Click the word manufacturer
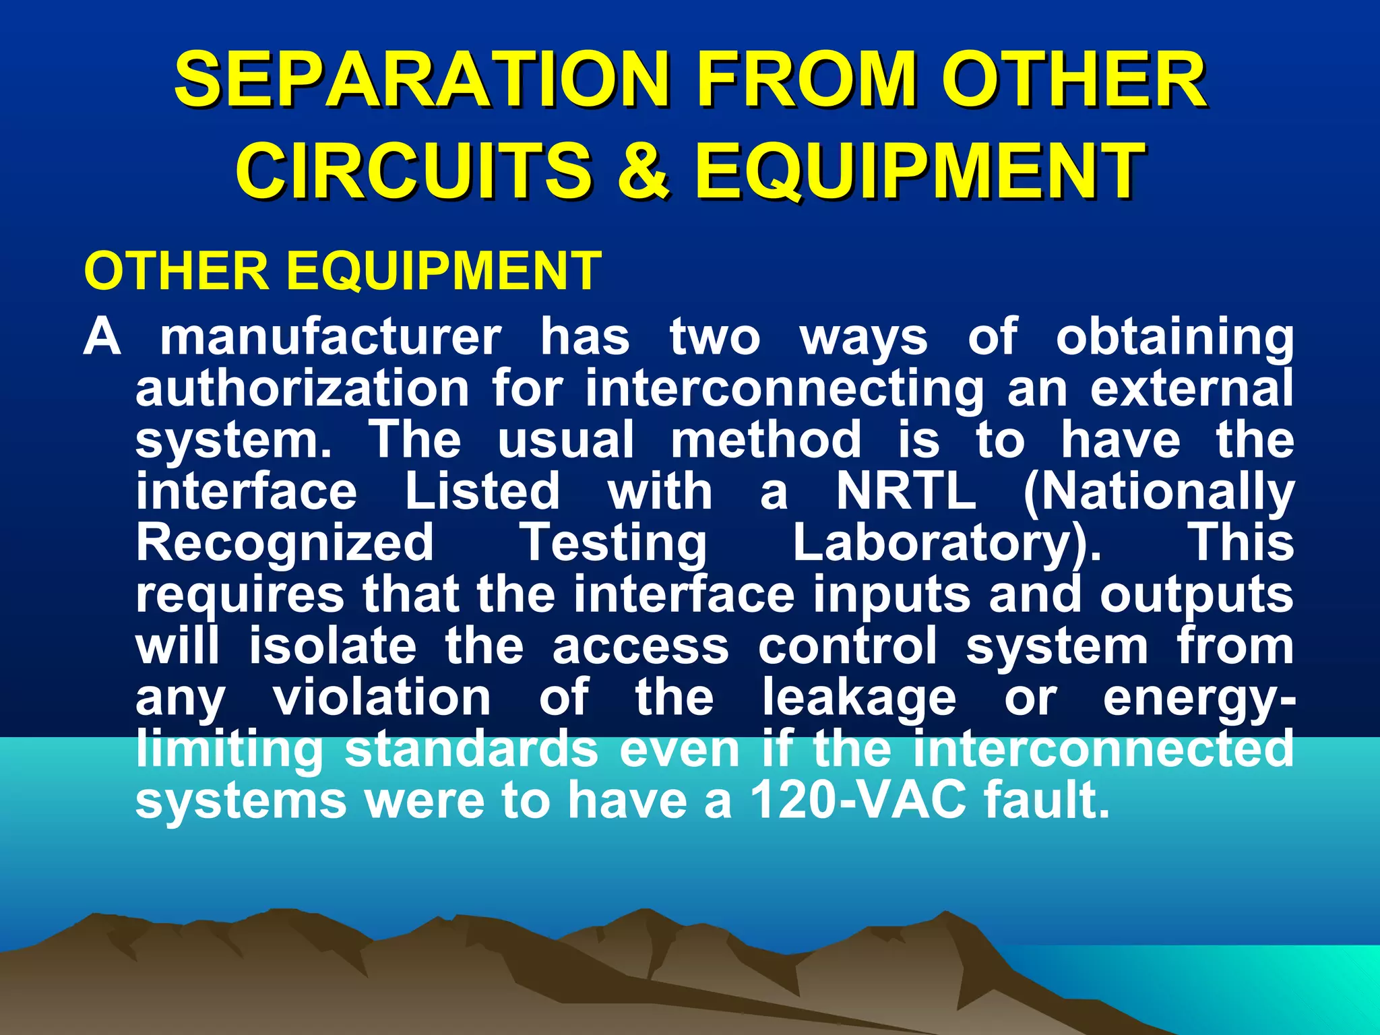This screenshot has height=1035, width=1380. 331,336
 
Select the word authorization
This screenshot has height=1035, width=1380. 303,388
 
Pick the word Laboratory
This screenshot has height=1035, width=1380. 946,543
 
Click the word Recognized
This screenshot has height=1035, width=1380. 285,543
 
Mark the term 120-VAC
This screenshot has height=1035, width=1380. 858,801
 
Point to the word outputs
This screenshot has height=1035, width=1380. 1197,596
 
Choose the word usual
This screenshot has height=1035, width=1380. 566,439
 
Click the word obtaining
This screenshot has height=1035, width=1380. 1174,336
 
